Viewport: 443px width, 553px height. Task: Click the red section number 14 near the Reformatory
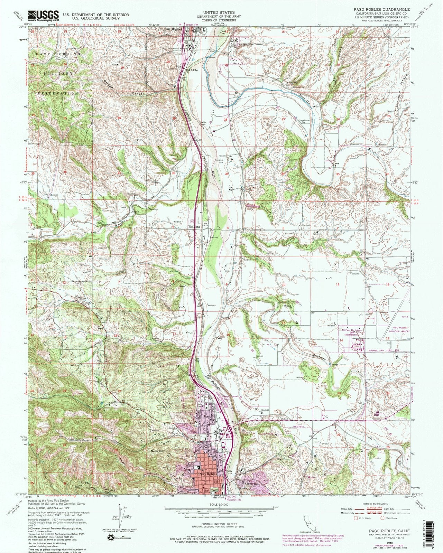341,340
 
